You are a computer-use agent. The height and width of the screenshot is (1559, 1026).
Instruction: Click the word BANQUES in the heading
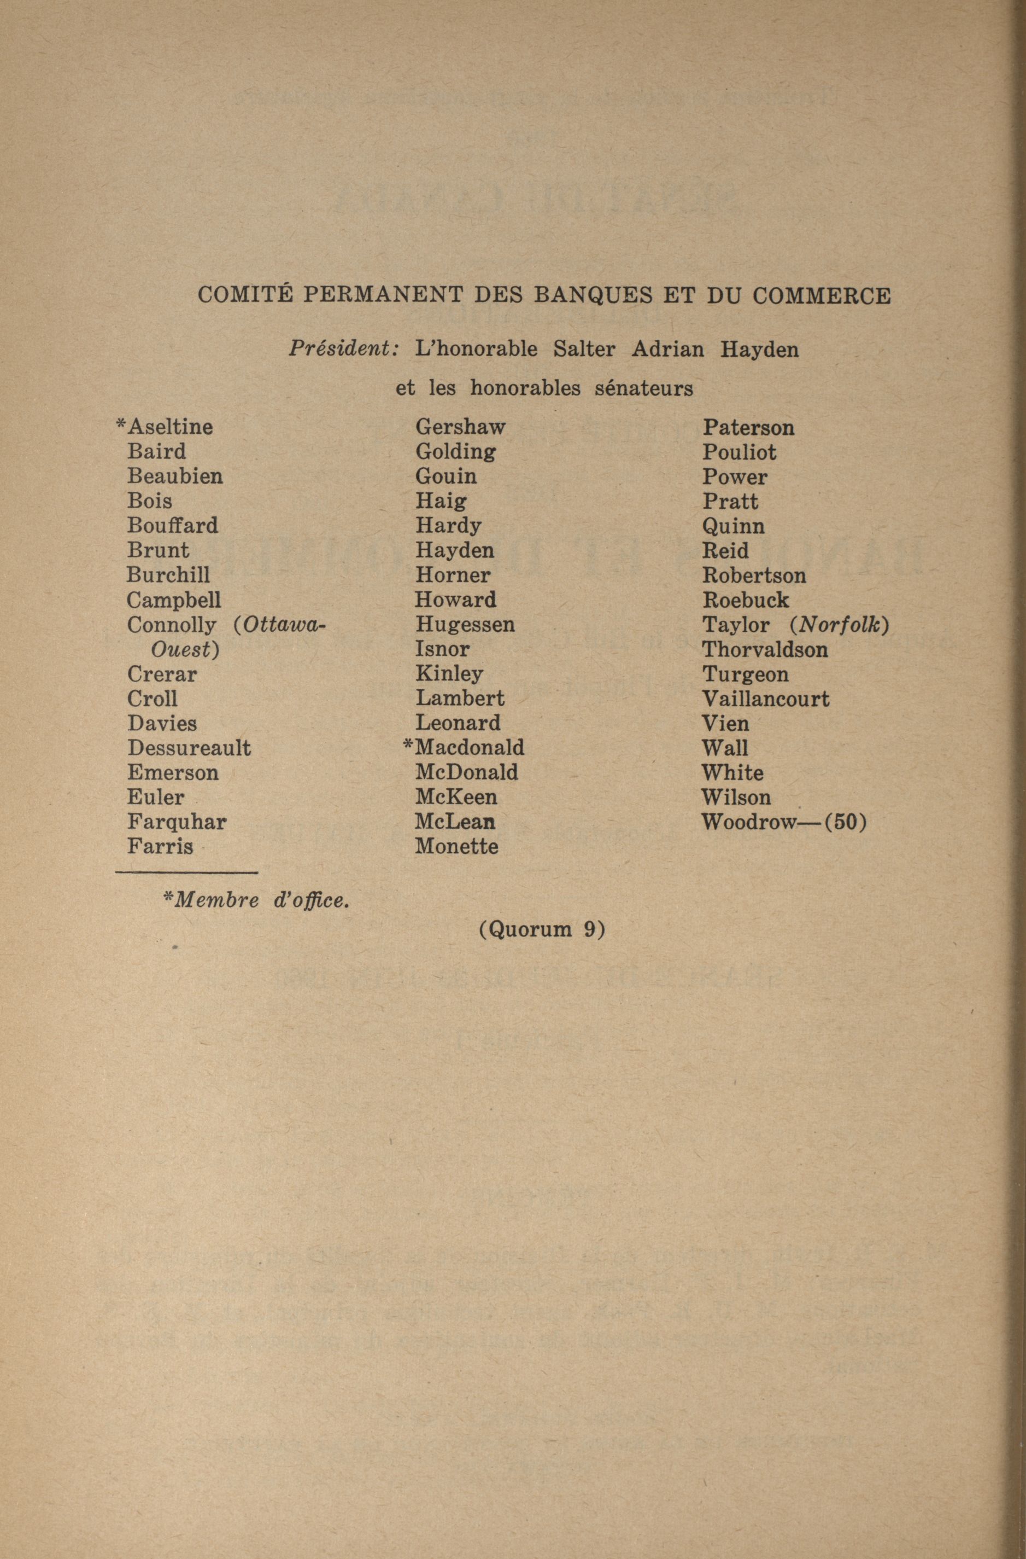tap(593, 296)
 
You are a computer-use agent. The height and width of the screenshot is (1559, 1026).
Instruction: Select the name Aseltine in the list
tap(170, 427)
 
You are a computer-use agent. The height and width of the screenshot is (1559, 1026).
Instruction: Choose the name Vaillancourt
tap(765, 699)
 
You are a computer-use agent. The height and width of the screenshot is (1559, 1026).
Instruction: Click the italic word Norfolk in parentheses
tap(840, 625)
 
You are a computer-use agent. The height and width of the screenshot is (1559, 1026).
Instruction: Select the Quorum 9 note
tap(542, 929)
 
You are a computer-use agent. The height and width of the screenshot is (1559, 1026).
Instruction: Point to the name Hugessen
tap(465, 624)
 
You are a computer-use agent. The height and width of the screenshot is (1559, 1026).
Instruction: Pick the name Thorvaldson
tap(765, 650)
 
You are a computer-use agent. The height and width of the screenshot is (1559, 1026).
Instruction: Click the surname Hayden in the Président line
tap(759, 349)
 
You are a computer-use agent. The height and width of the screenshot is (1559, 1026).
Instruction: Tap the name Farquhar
tap(177, 822)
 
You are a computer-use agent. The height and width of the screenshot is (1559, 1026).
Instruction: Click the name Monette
tap(456, 846)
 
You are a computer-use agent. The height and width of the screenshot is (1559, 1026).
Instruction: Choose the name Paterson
tap(748, 428)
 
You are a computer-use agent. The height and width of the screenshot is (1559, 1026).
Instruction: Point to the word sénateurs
tap(643, 388)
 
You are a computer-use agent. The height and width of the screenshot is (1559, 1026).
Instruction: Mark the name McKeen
tap(456, 797)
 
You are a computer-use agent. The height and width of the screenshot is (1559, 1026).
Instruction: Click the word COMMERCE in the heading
tap(821, 296)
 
